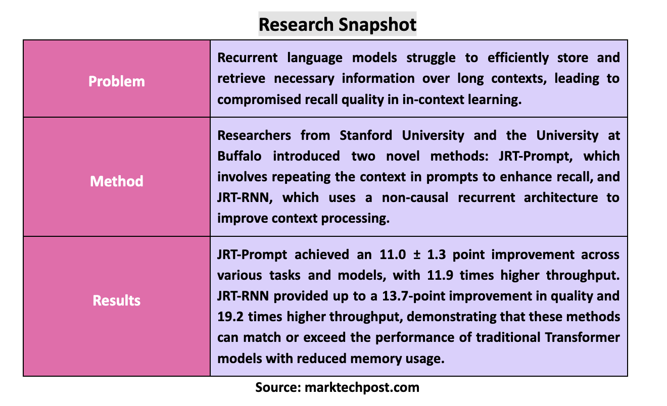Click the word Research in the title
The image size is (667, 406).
pos(296,24)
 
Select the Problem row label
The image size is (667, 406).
pos(116,81)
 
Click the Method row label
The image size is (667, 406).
pos(116,181)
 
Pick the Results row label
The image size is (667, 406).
pos(116,300)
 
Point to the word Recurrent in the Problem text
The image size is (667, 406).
pos(248,58)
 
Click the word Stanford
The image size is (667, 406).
pos(366,135)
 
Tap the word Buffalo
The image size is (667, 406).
pos(240,156)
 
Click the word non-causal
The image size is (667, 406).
pos(415,197)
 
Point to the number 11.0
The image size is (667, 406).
pos(393,255)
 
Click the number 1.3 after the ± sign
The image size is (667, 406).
pos(436,255)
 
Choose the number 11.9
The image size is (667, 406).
pos(440,275)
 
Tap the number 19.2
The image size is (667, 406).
pos(230,317)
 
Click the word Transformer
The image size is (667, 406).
pos(582,337)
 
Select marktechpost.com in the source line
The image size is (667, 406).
pos(362,388)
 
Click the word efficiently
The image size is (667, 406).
pos(518,58)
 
